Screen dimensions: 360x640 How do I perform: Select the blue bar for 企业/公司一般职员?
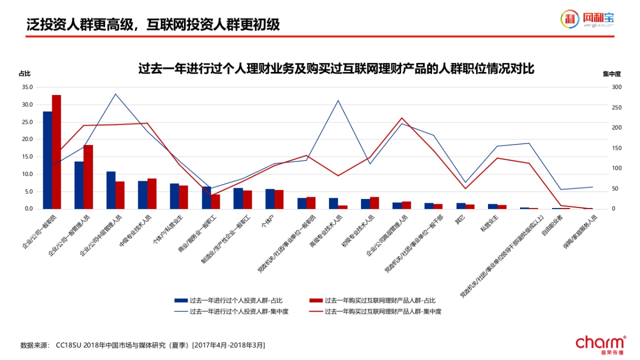click(47, 160)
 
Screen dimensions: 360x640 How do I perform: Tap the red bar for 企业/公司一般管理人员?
click(88, 177)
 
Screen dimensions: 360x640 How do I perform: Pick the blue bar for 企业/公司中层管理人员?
click(111, 190)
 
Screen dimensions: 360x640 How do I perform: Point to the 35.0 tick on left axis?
click(27, 87)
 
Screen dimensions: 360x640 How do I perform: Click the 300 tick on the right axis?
click(617, 87)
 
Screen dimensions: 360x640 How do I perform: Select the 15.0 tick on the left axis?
click(27, 157)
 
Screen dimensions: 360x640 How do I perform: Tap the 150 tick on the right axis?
click(617, 148)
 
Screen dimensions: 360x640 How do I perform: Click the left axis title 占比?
click(25, 74)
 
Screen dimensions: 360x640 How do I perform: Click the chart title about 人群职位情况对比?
click(336, 69)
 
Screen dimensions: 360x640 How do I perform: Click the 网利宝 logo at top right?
click(587, 19)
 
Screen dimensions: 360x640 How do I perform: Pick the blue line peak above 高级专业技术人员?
click(338, 100)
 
